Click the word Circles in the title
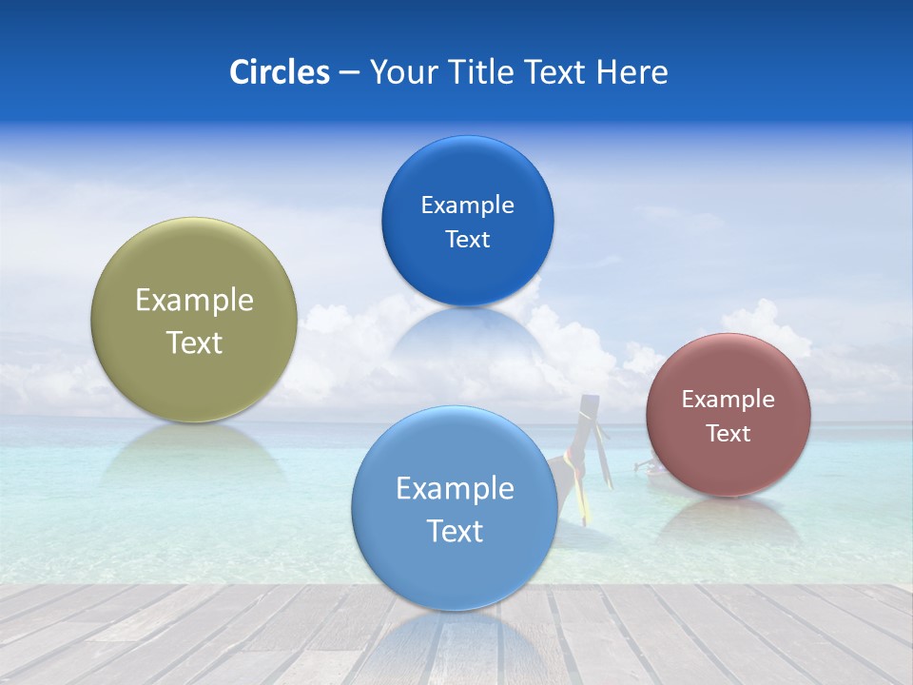pos(279,72)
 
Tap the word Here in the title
pos(631,72)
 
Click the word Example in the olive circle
pos(194,301)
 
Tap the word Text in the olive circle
pos(194,342)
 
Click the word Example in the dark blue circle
pos(467,205)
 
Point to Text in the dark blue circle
pos(467,239)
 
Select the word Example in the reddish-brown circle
pos(728,400)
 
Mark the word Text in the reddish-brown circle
pos(728,433)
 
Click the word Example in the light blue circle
pos(455,489)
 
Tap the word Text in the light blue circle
pos(455,531)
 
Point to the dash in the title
pos(349,72)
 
